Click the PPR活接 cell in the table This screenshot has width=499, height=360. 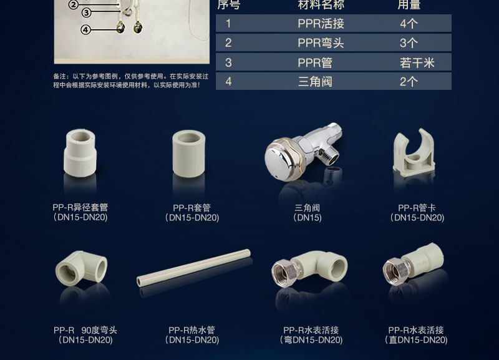(321, 24)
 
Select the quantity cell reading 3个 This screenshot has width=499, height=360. (409, 43)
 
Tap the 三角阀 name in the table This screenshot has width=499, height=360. (315, 82)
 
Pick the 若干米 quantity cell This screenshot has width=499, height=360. (417, 63)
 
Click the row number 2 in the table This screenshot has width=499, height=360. (228, 43)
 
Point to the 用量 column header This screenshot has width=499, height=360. (409, 4)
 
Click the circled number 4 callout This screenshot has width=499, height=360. (85, 29)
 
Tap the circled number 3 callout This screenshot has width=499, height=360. (86, 12)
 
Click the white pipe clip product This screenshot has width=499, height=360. (414, 152)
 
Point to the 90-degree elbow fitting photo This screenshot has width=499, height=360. (82, 268)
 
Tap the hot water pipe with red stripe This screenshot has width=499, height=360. (193, 268)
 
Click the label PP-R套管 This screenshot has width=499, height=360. (191, 208)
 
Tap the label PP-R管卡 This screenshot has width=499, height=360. (417, 208)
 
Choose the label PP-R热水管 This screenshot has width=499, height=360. (191, 330)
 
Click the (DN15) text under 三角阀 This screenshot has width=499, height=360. (307, 218)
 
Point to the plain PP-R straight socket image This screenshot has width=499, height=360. (189, 153)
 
